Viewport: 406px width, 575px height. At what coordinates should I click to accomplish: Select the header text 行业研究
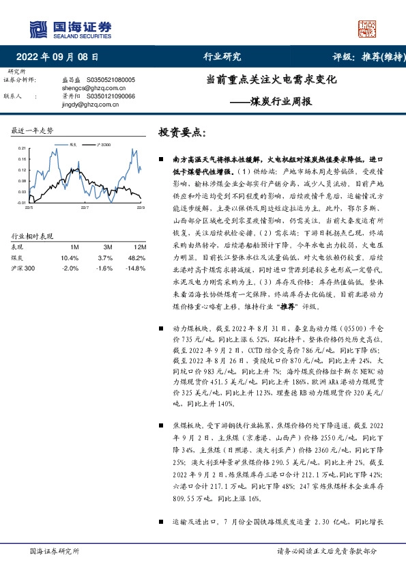tap(222, 57)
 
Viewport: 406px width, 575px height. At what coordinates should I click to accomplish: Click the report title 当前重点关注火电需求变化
tap(272, 79)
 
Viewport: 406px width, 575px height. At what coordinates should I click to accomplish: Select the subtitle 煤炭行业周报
tap(287, 102)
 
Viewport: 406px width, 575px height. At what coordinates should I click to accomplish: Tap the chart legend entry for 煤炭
tap(75, 144)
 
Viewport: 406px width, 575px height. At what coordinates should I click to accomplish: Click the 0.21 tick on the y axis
tap(22, 148)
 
